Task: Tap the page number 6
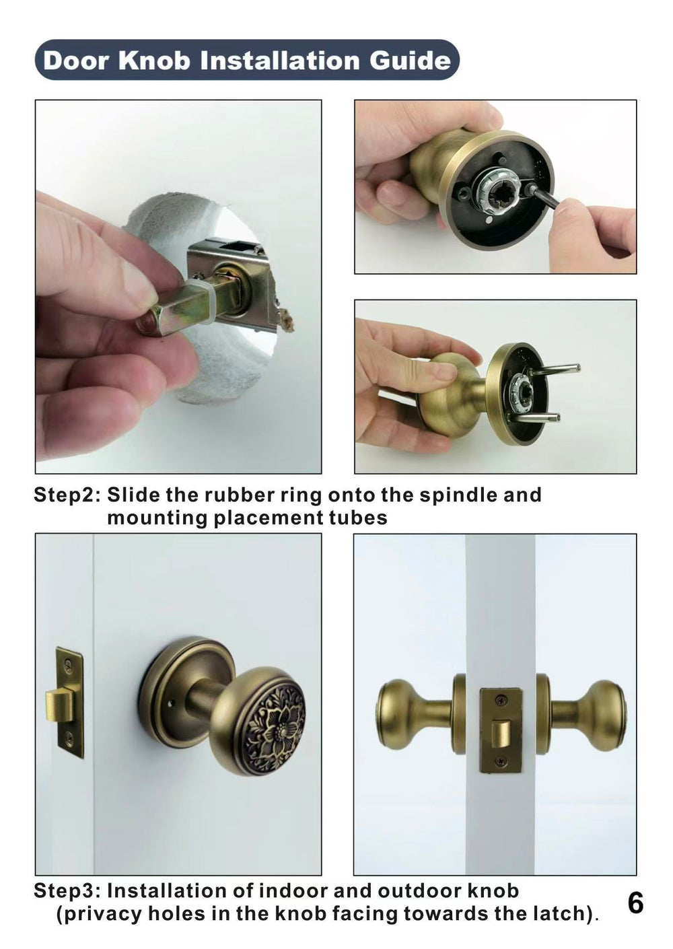coord(635,903)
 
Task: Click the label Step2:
coord(67,495)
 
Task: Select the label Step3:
coord(67,891)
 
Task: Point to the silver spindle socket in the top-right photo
coord(499,184)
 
